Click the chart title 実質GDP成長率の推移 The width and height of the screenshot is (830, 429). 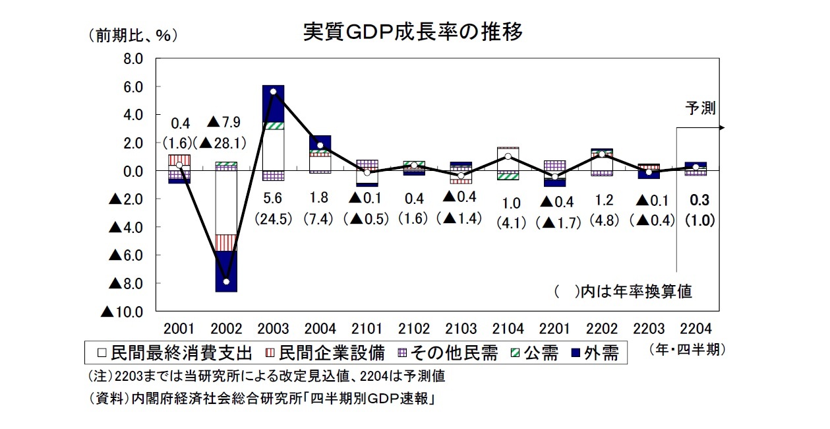413,31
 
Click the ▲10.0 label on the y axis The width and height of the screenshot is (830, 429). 122,312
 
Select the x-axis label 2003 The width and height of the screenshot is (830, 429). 273,329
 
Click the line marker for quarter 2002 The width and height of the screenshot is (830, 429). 227,282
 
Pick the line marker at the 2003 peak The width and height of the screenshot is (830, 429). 273,92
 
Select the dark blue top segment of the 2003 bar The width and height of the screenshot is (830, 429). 273,102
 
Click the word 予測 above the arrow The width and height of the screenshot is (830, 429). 700,108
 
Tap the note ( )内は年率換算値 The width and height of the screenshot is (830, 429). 623,291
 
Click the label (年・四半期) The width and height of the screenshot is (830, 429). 687,350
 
